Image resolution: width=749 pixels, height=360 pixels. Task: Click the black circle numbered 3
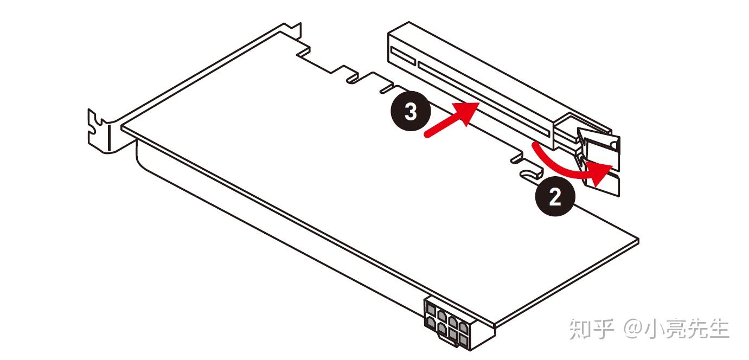411,113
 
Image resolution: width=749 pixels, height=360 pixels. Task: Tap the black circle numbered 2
555,197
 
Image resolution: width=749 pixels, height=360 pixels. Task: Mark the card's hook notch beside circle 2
529,173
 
